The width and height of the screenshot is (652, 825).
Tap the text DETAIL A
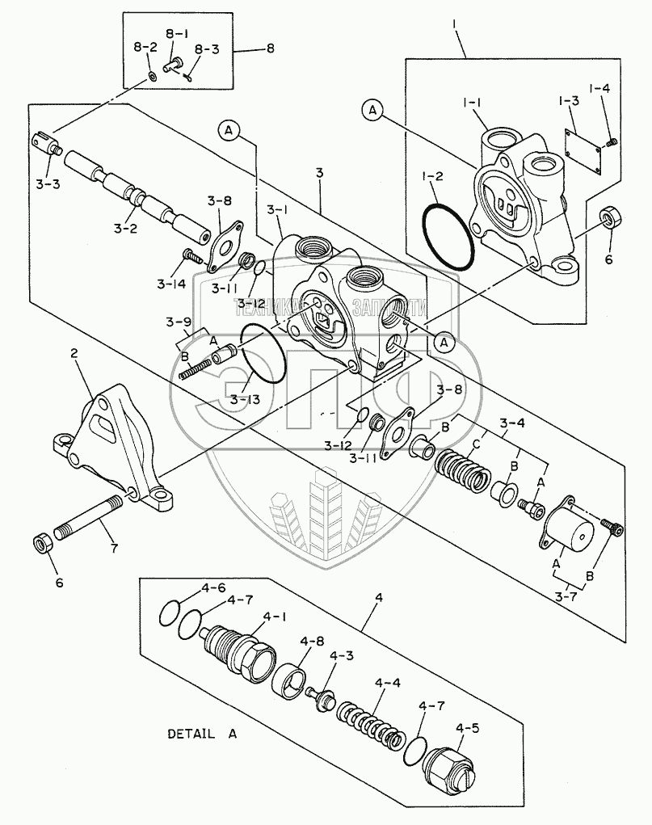click(202, 735)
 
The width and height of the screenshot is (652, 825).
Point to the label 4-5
click(467, 727)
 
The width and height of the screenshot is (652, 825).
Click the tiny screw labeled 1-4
click(612, 142)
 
